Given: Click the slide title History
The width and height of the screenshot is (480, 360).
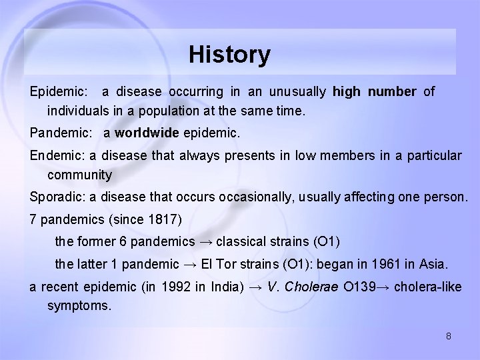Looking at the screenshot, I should [x=229, y=55].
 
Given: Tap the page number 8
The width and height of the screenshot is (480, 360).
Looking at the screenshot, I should [x=449, y=336].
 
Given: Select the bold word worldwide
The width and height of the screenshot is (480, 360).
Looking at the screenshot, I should [x=147, y=133].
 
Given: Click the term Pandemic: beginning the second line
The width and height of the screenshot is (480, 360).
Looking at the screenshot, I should [x=62, y=133].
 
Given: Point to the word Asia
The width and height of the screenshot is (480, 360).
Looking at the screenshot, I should [x=431, y=265].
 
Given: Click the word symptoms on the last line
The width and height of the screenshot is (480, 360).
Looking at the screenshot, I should [x=79, y=306].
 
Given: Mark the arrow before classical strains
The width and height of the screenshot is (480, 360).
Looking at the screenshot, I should [x=207, y=241].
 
